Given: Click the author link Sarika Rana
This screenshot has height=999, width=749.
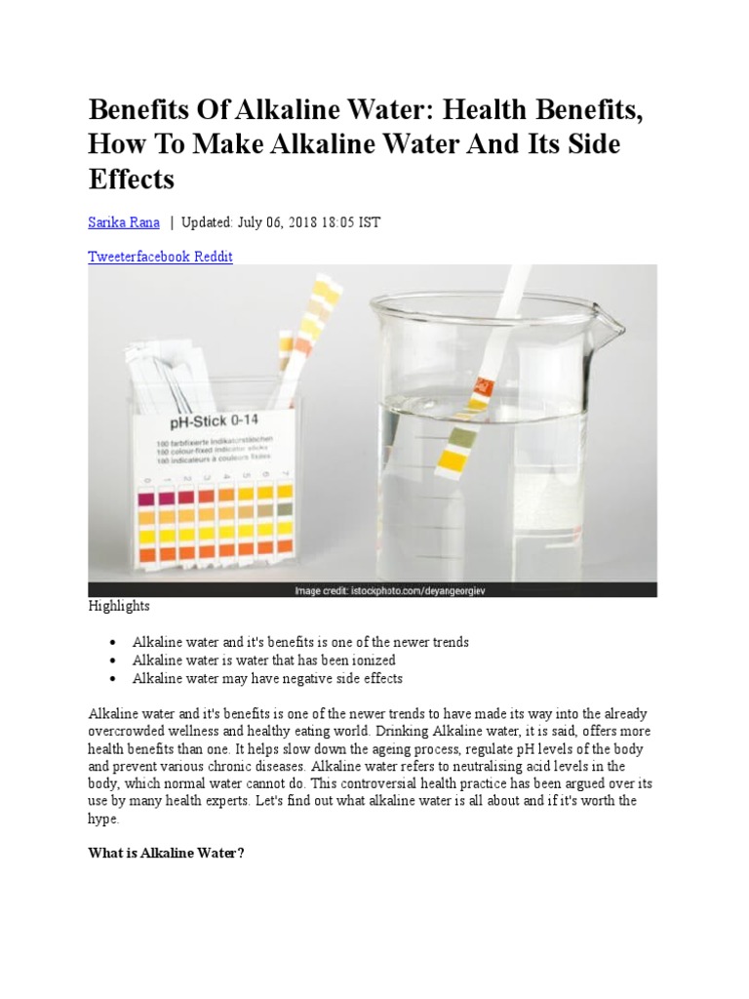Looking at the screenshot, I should click(124, 222).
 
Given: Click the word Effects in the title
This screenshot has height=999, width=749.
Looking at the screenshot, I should click(131, 180).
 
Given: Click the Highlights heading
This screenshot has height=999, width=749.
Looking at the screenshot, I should click(119, 606).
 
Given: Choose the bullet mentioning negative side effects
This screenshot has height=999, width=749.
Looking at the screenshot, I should click(267, 678).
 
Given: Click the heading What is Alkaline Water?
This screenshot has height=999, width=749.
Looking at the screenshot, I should click(165, 853).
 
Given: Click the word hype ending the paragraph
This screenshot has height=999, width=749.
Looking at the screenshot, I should click(103, 819).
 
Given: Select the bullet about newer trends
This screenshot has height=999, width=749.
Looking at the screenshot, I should click(300, 643).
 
